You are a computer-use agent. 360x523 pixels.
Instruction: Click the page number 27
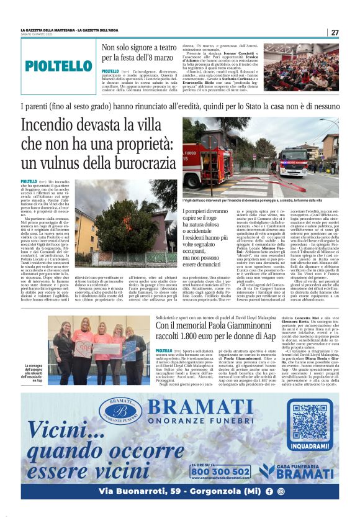click(x=335, y=32)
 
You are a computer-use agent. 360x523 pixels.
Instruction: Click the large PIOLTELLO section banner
click(x=59, y=66)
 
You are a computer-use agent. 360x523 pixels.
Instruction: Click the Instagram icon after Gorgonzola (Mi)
click(x=281, y=491)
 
